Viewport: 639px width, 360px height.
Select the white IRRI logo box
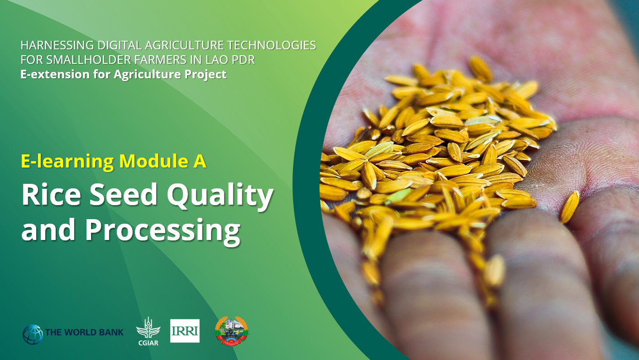(x=185, y=331)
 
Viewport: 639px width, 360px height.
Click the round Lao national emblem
(x=231, y=331)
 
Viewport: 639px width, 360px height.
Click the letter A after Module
(x=200, y=162)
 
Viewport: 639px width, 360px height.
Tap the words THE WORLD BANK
(x=84, y=333)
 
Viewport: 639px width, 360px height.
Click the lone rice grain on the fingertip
(x=569, y=207)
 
